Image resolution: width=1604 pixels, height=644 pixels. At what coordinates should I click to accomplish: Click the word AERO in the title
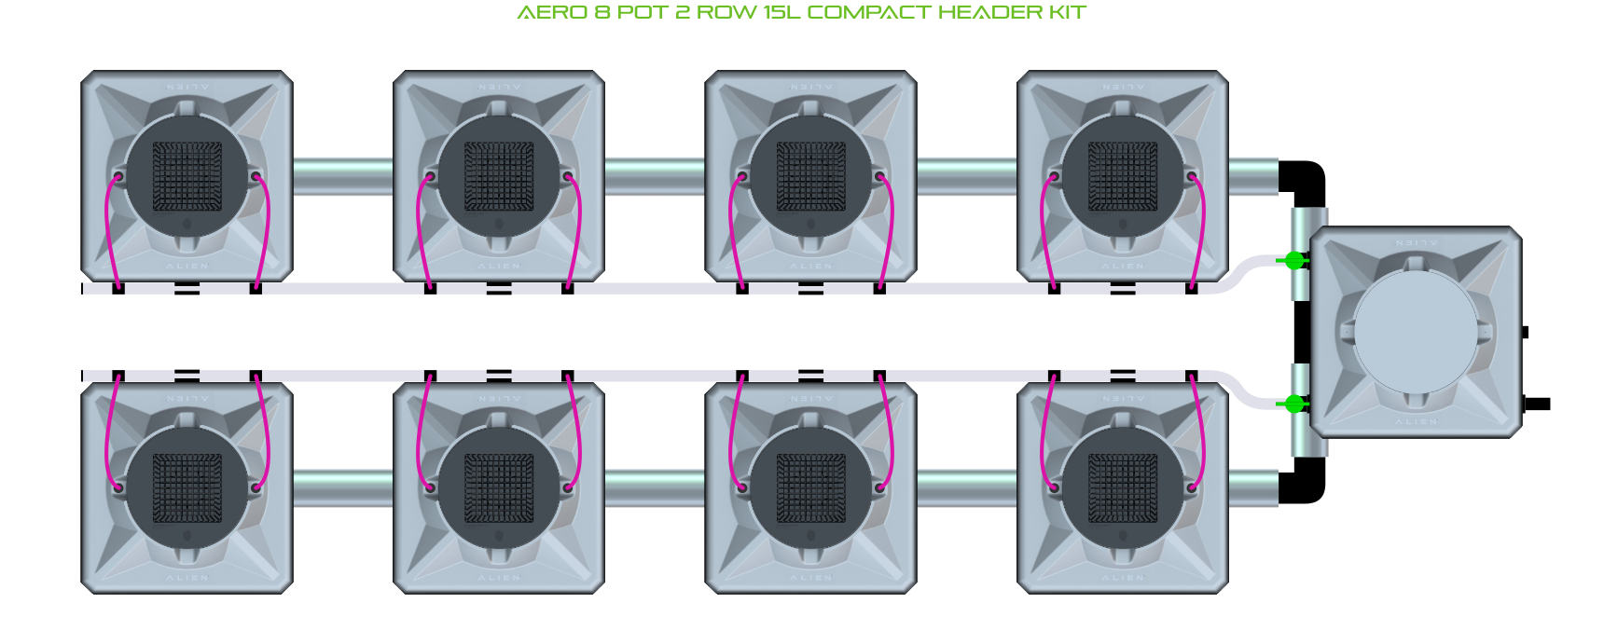(x=551, y=13)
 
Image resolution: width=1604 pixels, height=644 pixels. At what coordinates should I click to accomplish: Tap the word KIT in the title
(x=1069, y=13)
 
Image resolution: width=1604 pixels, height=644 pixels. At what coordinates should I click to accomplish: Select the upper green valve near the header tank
(x=1294, y=261)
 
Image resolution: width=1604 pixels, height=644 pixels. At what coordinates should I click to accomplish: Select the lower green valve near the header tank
(x=1294, y=404)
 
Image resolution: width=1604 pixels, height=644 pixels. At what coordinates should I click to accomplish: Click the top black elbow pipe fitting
(x=1305, y=181)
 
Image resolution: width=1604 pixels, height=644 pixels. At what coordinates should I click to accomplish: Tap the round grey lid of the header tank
(x=1416, y=332)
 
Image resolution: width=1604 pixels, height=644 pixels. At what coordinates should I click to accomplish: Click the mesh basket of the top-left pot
(x=187, y=177)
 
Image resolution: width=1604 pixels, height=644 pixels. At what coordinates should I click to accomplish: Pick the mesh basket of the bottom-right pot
(x=1123, y=488)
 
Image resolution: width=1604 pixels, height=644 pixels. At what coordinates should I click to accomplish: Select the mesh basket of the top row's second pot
(x=499, y=177)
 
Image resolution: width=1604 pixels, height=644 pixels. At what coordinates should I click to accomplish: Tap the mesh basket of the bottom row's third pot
(x=810, y=488)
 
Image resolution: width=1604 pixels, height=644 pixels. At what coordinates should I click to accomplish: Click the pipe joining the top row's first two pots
(x=343, y=176)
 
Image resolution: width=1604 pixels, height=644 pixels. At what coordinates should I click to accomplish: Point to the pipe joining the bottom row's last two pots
(x=966, y=488)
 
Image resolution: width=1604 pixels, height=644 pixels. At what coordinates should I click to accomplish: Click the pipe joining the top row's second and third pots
(x=655, y=176)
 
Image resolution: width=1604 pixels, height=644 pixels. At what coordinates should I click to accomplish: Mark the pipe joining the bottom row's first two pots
(x=343, y=488)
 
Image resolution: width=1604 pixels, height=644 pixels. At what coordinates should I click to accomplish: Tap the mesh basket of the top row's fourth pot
(x=1123, y=177)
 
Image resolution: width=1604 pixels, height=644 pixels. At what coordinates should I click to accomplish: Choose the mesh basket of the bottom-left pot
(x=187, y=488)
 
